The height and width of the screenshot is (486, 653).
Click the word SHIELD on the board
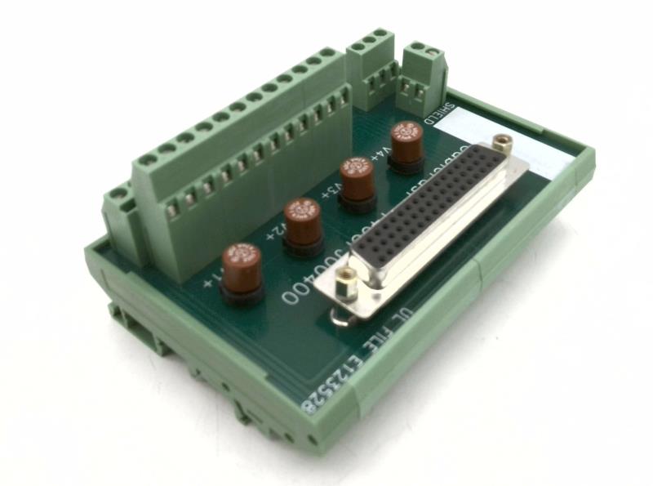tap(446, 114)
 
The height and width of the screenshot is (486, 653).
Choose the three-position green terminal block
tap(372, 61)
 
